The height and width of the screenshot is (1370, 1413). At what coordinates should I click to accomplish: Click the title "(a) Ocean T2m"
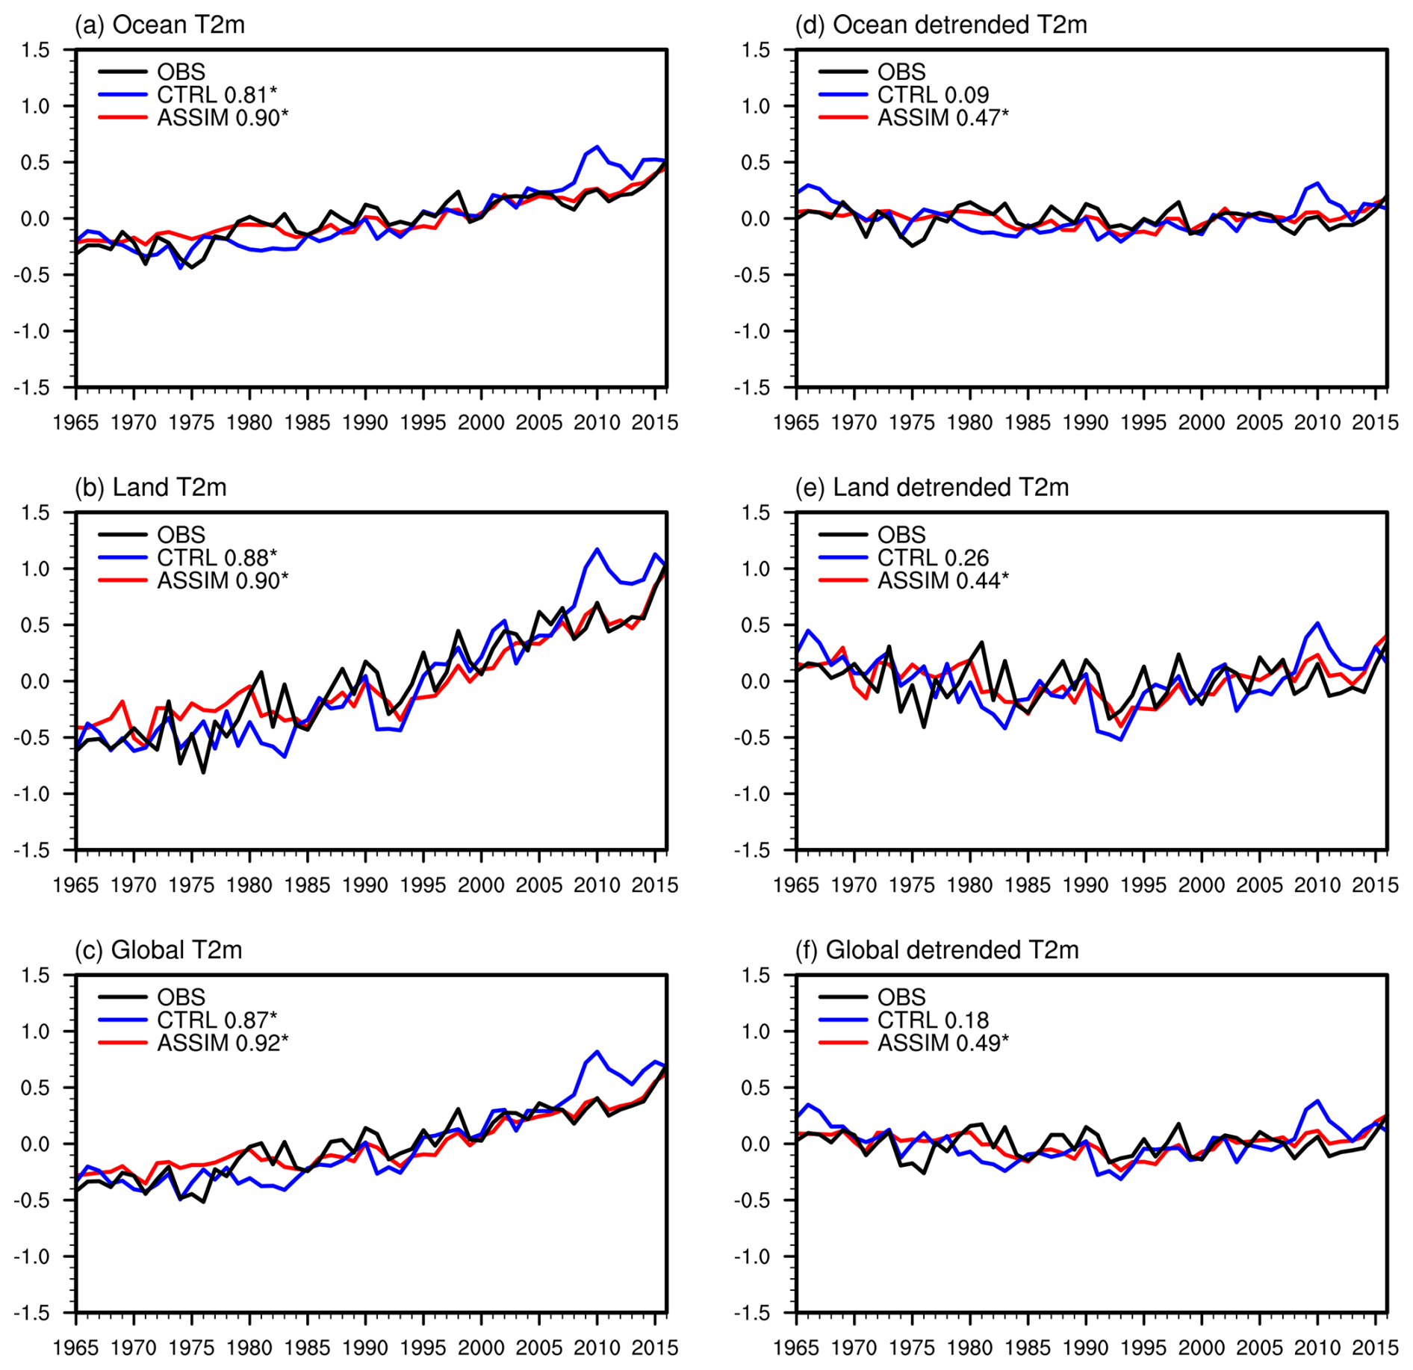click(160, 25)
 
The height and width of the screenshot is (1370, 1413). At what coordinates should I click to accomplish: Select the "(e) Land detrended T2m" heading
click(932, 488)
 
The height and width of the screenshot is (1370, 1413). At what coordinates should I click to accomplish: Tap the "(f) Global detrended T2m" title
click(937, 950)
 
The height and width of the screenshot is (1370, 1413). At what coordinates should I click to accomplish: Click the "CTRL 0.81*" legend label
click(217, 95)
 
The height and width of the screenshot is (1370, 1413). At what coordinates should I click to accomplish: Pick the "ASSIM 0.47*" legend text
click(942, 118)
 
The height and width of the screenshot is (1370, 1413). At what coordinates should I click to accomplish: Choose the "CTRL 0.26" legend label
click(933, 558)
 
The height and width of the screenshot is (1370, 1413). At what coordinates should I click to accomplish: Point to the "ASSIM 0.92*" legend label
click(223, 1043)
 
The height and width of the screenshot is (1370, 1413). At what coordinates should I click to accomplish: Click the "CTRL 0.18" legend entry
click(933, 1020)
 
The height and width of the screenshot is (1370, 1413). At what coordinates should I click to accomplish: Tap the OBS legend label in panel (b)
click(181, 535)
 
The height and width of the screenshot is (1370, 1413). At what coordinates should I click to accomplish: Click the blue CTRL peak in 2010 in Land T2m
click(597, 549)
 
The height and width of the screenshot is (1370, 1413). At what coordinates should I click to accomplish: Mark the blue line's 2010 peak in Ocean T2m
click(597, 146)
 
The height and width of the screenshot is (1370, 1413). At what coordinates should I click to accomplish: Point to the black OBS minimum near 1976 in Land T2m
click(203, 772)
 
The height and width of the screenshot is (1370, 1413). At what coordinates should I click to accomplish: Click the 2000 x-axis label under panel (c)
click(481, 1348)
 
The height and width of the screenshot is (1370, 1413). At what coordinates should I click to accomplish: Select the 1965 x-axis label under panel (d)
click(796, 423)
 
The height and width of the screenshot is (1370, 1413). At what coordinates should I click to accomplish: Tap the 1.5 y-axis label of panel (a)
click(35, 50)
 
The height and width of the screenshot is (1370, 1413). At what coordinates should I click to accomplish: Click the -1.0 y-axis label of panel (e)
click(751, 794)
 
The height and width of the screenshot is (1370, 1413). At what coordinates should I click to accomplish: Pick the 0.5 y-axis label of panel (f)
click(756, 1088)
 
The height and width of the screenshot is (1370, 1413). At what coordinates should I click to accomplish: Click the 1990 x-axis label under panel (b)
click(365, 886)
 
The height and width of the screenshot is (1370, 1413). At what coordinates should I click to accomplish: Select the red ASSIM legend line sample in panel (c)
click(122, 1043)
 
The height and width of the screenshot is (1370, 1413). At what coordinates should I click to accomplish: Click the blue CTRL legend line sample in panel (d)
click(843, 95)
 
